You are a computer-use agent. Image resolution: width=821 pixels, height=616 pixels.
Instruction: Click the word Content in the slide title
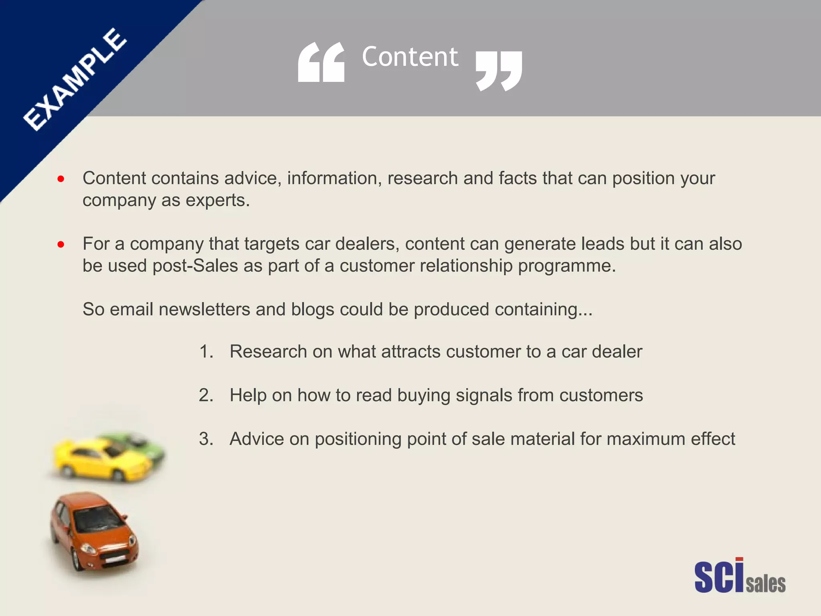pyautogui.click(x=410, y=57)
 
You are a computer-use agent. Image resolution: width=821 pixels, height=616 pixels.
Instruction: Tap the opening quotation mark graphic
pyautogui.click(x=321, y=63)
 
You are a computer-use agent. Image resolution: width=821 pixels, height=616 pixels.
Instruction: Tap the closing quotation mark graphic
pyautogui.click(x=499, y=71)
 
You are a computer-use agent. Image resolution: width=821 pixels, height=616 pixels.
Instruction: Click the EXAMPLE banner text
pyautogui.click(x=75, y=79)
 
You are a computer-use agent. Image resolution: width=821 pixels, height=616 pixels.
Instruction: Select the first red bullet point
pyautogui.click(x=61, y=179)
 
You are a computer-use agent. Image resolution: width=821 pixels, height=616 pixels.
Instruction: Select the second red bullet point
pyautogui.click(x=61, y=244)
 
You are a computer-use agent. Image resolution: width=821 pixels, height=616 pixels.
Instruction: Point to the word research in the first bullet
pyautogui.click(x=423, y=178)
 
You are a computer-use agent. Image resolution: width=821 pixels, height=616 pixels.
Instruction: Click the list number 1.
pyautogui.click(x=206, y=352)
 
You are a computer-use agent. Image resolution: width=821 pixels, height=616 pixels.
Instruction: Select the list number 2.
pyautogui.click(x=206, y=395)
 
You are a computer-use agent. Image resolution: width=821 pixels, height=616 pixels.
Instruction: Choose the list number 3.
pyautogui.click(x=206, y=439)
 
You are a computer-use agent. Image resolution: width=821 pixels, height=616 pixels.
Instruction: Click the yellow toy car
pyautogui.click(x=100, y=459)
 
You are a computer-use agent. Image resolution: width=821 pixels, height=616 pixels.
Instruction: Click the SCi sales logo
pyautogui.click(x=740, y=576)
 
